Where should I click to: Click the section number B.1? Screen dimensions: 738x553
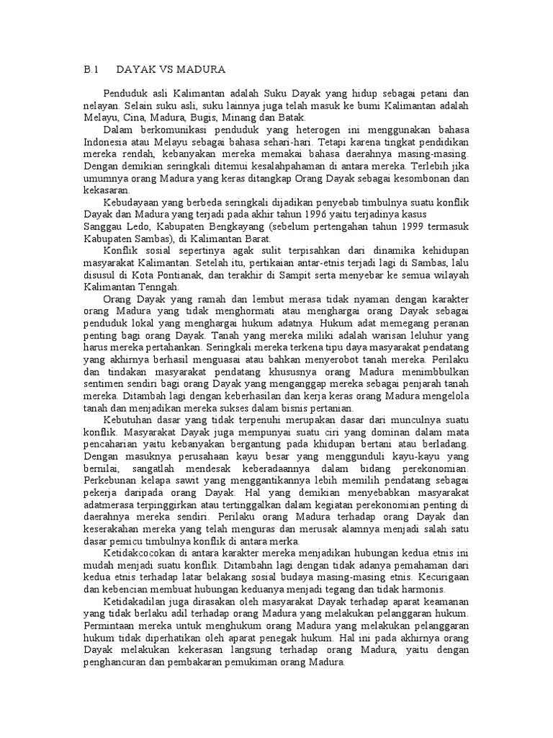pyautogui.click(x=91, y=69)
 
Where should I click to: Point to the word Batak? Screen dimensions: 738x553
pyautogui.click(x=292, y=117)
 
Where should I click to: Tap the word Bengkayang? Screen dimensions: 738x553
pyautogui.click(x=222, y=227)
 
